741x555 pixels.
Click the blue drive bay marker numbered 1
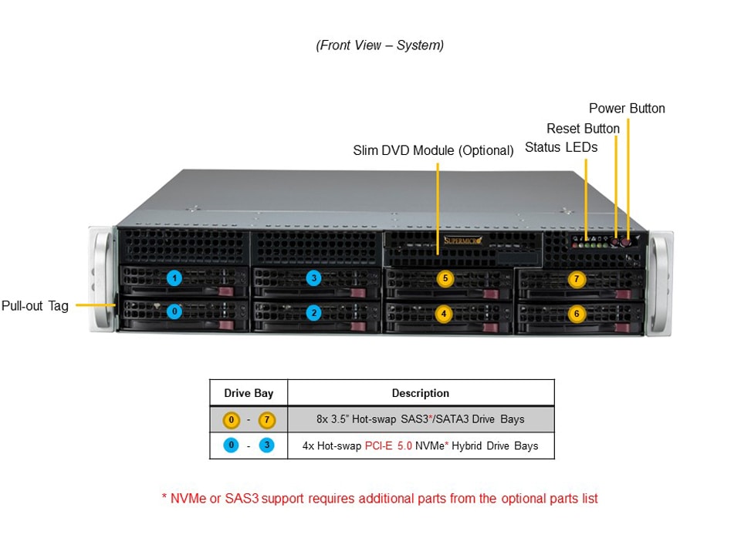(175, 278)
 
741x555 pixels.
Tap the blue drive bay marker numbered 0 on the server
(175, 312)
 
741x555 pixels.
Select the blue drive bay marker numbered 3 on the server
(313, 278)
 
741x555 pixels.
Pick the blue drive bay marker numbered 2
(313, 312)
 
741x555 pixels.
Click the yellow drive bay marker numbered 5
(444, 279)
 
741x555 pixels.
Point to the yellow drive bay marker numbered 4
(443, 314)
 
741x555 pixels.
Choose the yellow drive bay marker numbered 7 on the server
(577, 279)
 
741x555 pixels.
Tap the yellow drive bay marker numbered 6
(577, 314)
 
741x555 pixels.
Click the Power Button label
(627, 109)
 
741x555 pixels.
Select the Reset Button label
(583, 129)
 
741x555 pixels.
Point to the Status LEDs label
(561, 147)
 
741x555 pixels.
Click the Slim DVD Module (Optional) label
(433, 150)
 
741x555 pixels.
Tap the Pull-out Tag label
(35, 306)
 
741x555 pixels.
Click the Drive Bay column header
(249, 393)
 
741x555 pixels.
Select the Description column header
(420, 393)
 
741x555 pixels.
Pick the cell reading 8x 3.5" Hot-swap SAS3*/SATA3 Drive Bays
(420, 419)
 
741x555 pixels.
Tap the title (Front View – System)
(380, 45)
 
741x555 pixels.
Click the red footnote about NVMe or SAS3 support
(380, 499)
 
